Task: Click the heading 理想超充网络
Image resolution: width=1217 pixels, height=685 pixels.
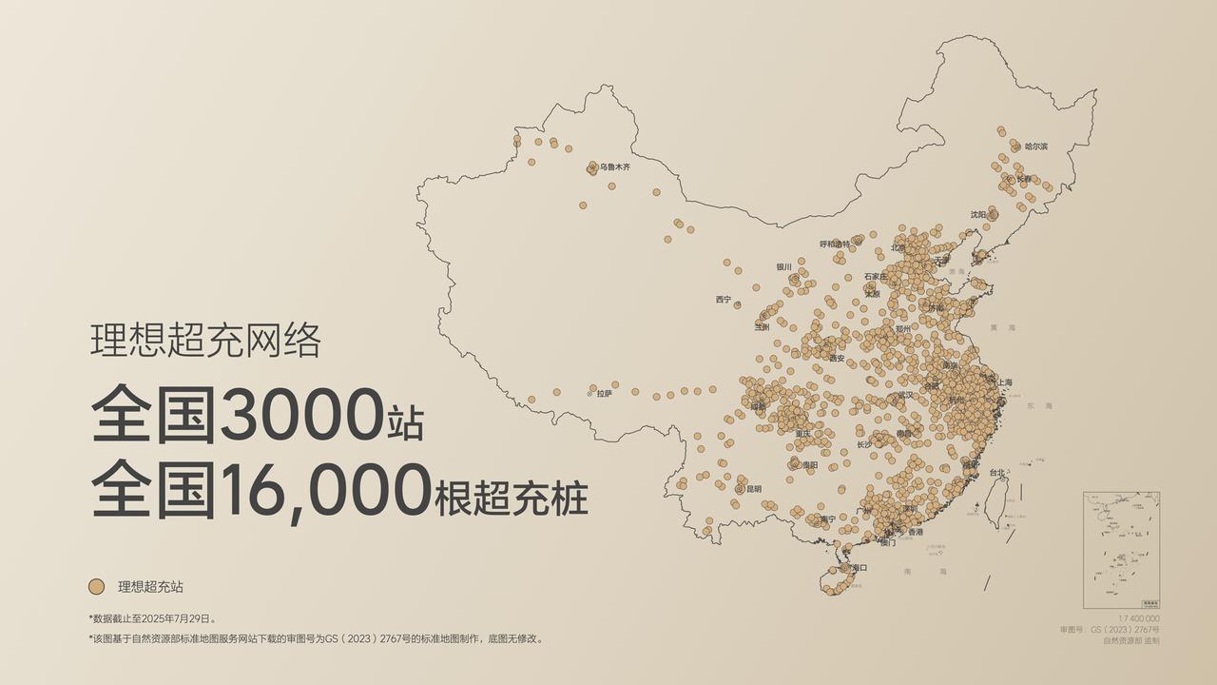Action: tap(205, 341)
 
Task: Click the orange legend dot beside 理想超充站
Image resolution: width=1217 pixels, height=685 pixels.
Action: tap(96, 587)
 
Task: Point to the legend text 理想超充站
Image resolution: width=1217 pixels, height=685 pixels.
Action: tap(150, 587)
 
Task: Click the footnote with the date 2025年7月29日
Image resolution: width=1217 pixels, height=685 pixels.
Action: tap(153, 618)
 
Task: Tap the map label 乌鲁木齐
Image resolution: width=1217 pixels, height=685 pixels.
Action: tap(614, 167)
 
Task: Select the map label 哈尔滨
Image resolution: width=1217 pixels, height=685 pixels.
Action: tap(1036, 147)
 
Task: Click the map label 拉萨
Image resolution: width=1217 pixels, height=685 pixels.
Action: tap(605, 392)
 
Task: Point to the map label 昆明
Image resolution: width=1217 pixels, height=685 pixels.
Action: tap(754, 489)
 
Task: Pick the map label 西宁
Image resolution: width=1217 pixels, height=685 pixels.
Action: tap(724, 300)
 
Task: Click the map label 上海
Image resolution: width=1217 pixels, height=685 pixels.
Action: tap(1005, 382)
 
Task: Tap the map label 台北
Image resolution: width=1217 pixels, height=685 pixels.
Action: tap(996, 473)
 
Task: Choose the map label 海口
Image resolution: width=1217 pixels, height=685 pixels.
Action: tap(860, 568)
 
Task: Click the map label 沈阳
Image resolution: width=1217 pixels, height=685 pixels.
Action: tap(978, 215)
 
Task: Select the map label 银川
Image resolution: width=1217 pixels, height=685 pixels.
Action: tap(783, 267)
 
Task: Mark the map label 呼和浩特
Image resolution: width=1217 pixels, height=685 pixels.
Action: tap(835, 245)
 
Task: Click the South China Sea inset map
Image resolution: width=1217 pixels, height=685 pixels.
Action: tap(1121, 550)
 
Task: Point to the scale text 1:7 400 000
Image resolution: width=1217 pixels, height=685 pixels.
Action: tap(1139, 618)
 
